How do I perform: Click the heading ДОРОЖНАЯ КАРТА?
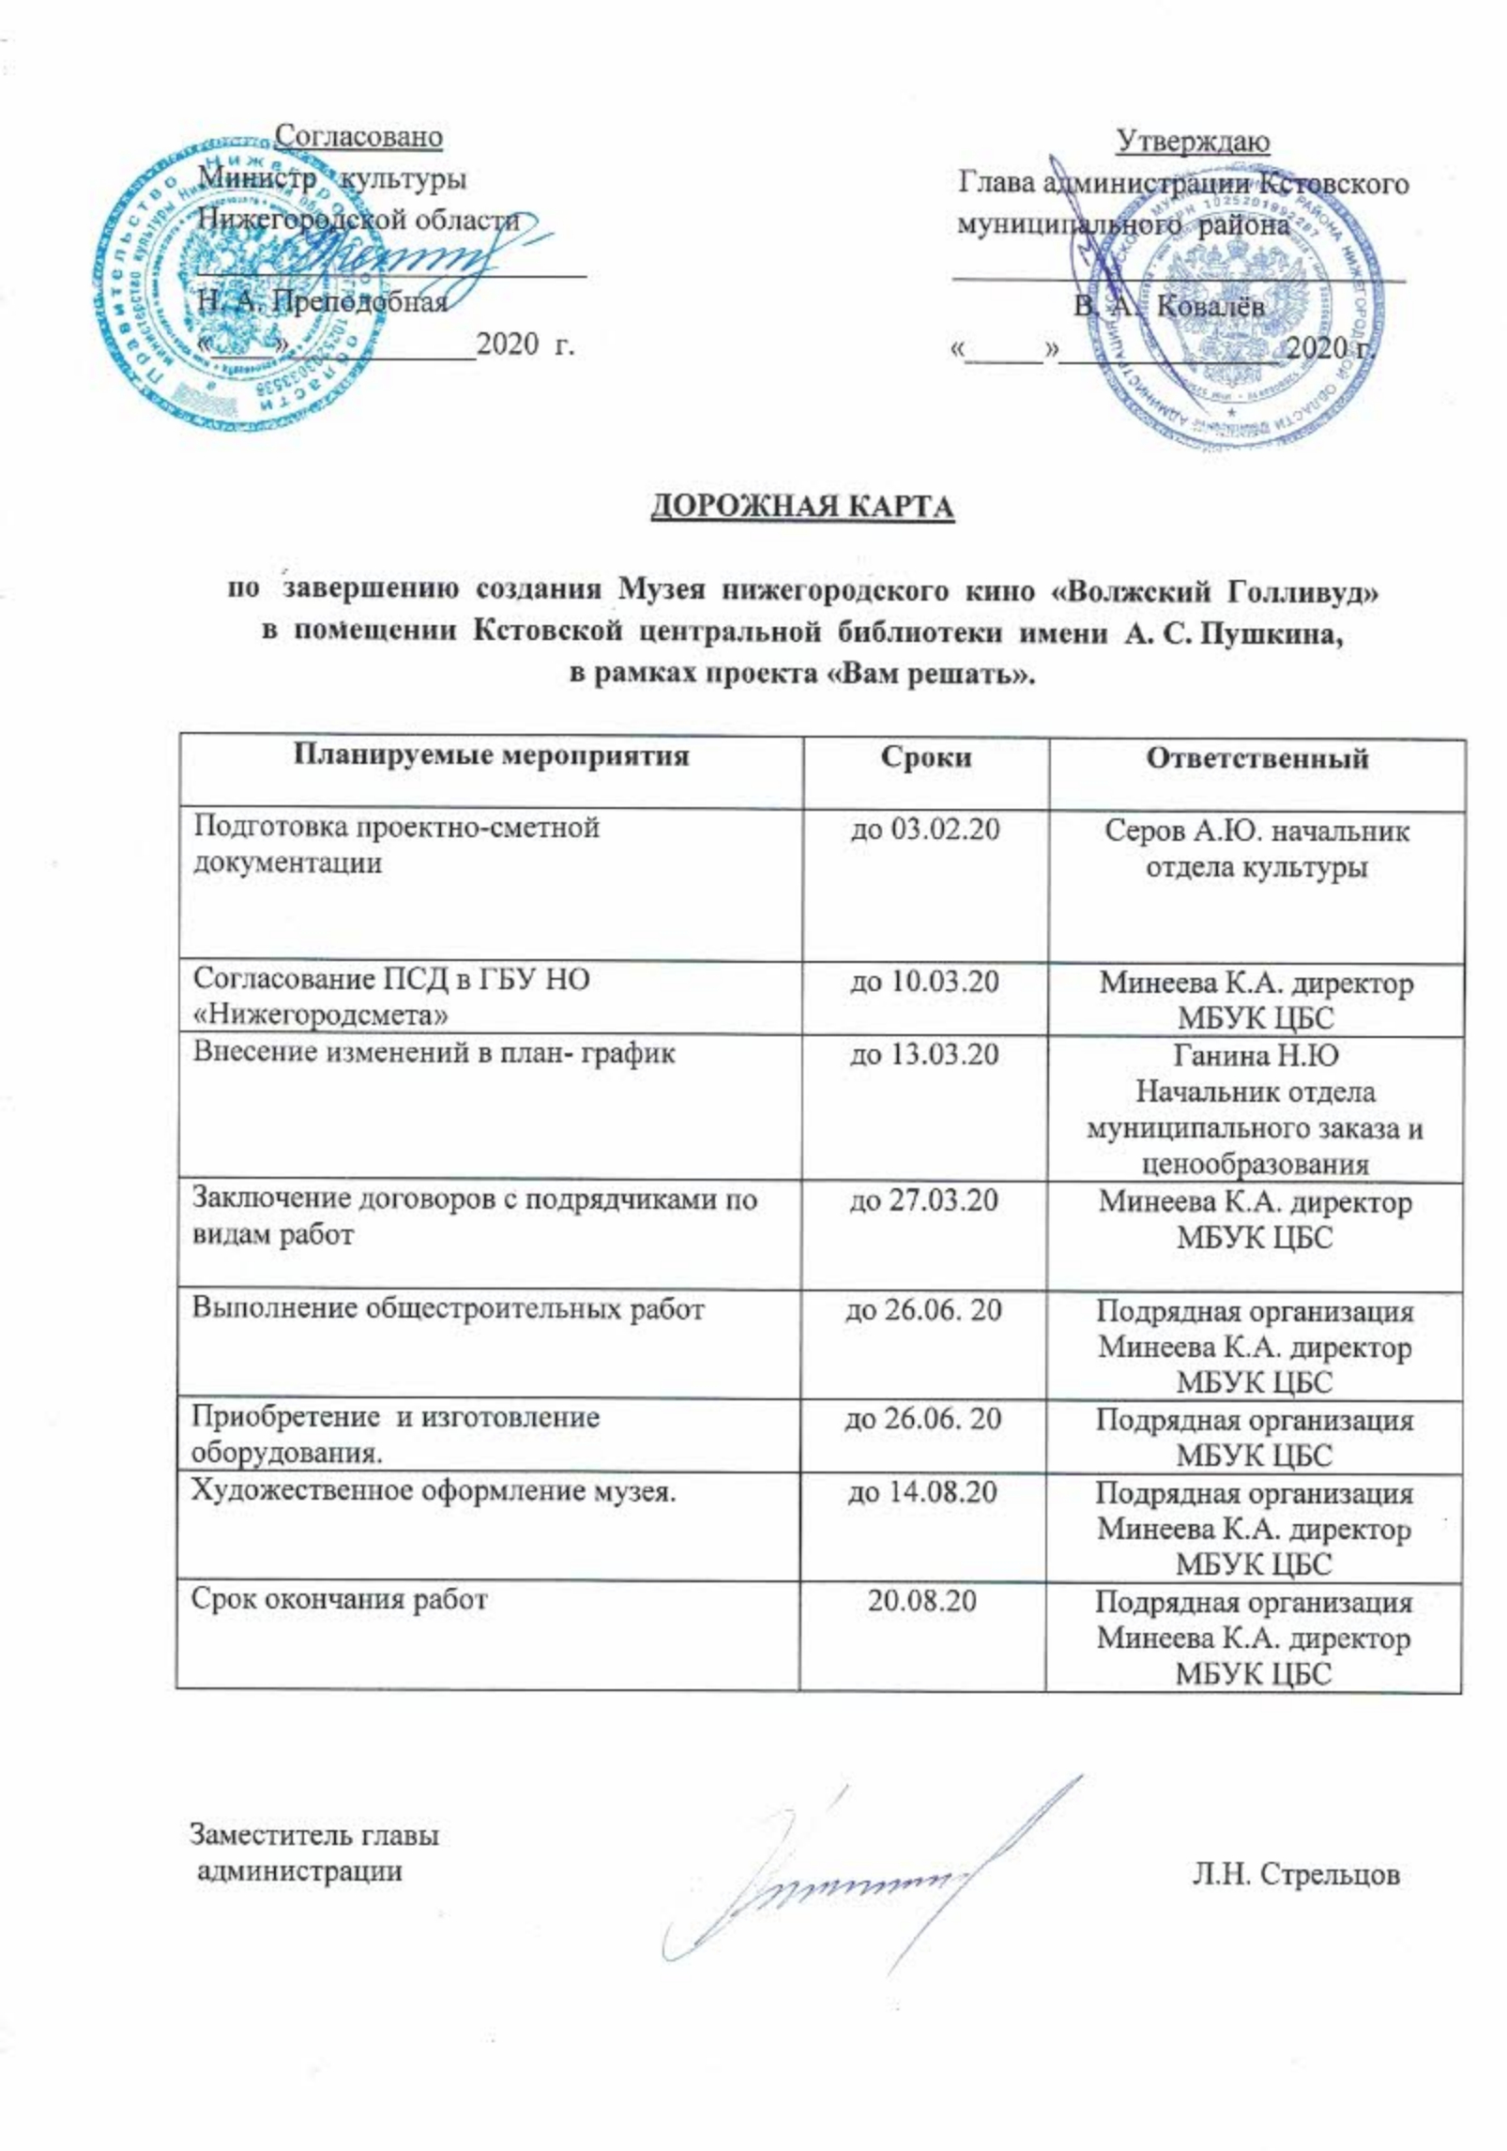point(802,506)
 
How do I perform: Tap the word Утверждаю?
point(1193,142)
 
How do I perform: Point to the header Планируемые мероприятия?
point(493,755)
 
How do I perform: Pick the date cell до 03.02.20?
point(922,831)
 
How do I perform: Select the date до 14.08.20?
point(922,1491)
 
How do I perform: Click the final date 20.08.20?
point(922,1600)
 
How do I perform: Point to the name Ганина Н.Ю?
point(1256,1056)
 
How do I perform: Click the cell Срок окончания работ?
point(340,1599)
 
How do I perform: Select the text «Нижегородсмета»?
point(320,1014)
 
